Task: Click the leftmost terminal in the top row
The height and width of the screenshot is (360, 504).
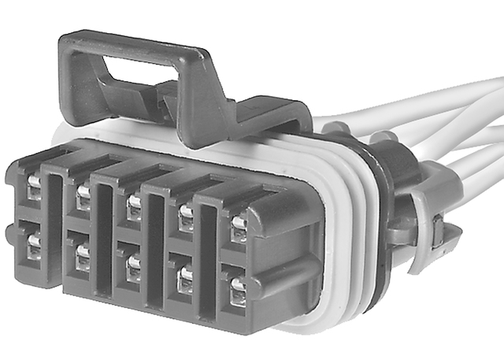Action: point(34,186)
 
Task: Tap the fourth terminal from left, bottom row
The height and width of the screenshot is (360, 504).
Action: point(185,278)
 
